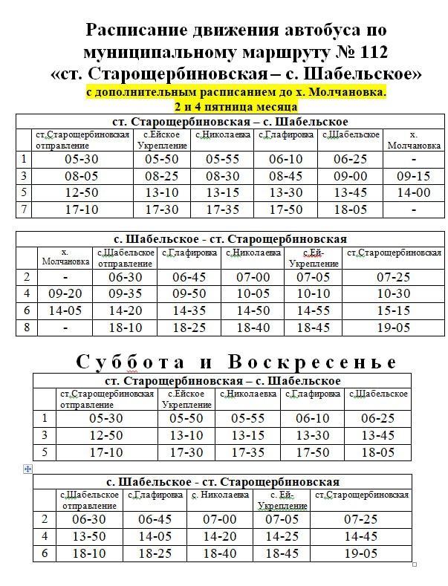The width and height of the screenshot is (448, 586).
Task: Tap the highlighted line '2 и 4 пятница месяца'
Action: (236, 106)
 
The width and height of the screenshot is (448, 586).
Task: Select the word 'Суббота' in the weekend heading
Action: (130, 362)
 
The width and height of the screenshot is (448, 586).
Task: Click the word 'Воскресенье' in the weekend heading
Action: (313, 362)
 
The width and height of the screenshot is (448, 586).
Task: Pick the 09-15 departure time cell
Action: (413, 176)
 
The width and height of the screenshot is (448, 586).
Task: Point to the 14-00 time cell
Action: (413, 192)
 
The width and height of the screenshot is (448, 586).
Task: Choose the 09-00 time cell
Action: (350, 176)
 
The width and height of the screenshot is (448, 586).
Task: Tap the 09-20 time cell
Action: (65, 293)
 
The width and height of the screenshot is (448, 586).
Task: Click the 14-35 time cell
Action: (189, 310)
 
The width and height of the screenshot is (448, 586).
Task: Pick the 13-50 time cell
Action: (89, 536)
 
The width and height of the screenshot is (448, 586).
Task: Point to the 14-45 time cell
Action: (361, 536)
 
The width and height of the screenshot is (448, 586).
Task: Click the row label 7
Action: (25, 209)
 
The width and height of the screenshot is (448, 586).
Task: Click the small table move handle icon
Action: (27, 469)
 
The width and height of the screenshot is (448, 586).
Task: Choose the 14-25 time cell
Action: (282, 536)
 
